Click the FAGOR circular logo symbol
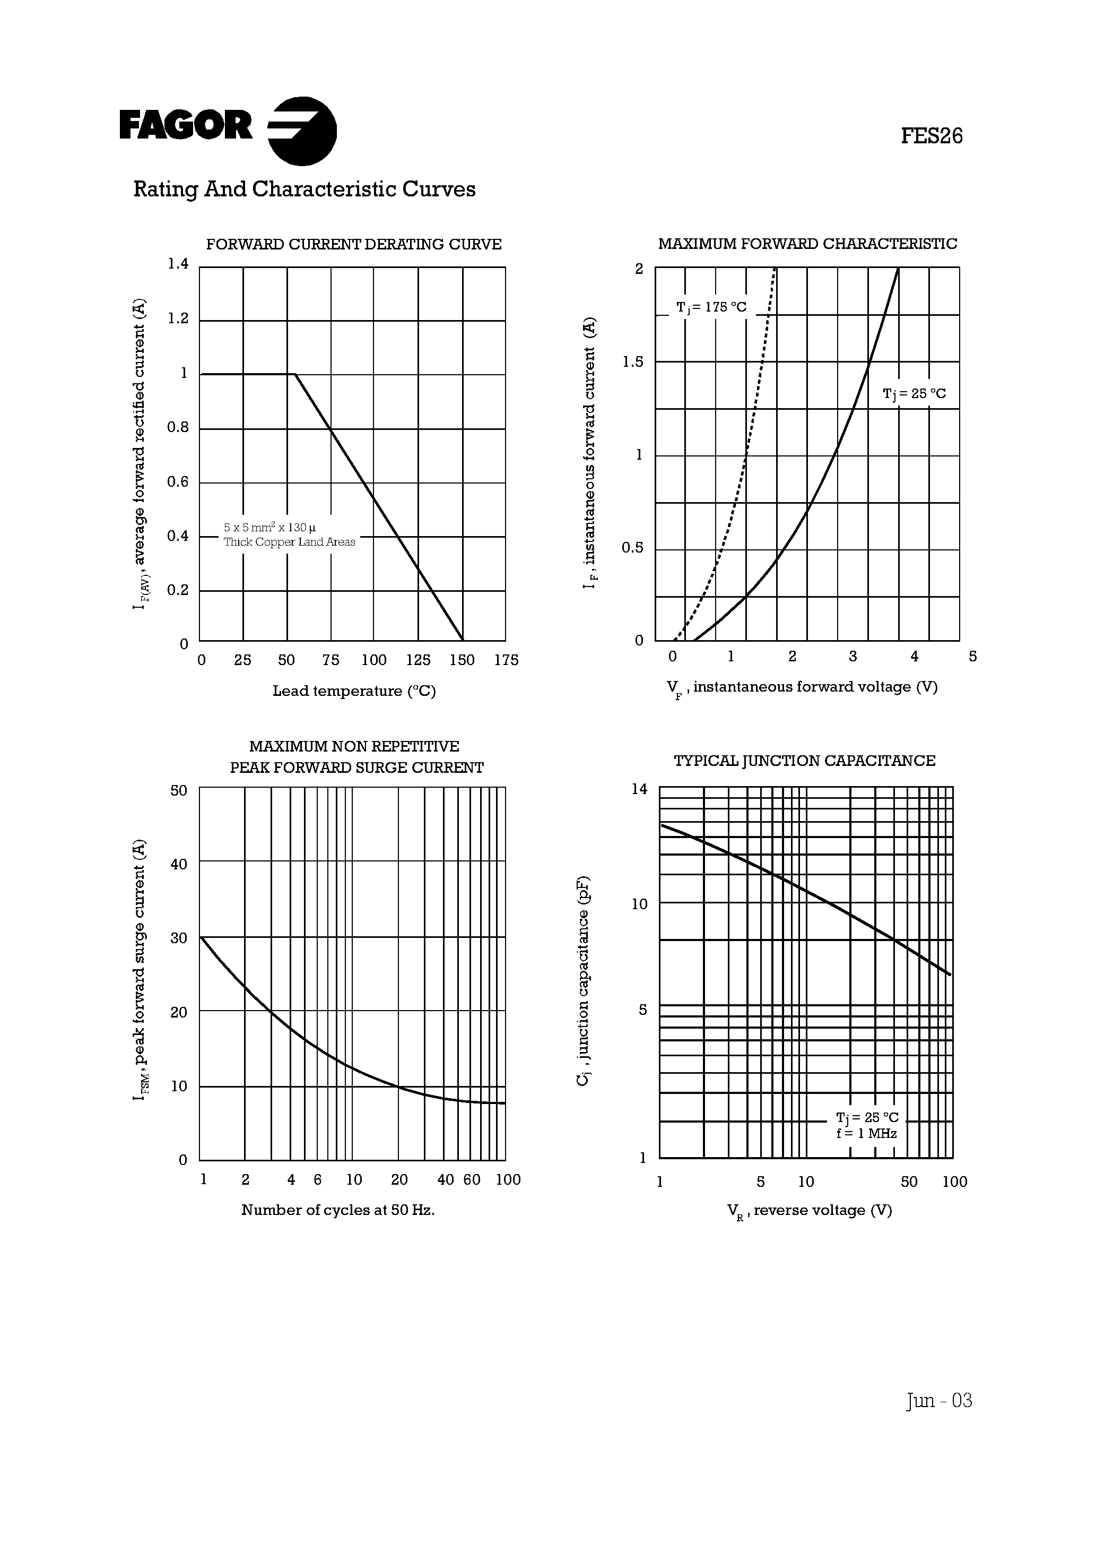click(302, 131)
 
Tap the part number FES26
click(931, 136)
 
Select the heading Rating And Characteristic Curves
click(304, 189)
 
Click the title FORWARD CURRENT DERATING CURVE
click(353, 244)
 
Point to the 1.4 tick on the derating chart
click(178, 264)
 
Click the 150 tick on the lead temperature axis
click(462, 660)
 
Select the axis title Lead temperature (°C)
click(354, 691)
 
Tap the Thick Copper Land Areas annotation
click(289, 542)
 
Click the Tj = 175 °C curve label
click(711, 307)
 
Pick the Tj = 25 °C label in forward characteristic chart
click(914, 393)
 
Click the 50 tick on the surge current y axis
click(178, 790)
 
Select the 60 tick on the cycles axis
click(472, 1179)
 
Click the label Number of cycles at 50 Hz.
click(338, 1210)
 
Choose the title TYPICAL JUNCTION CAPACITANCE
click(804, 761)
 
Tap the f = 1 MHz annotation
click(866, 1134)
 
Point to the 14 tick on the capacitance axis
click(639, 789)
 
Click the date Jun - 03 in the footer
click(939, 1400)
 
